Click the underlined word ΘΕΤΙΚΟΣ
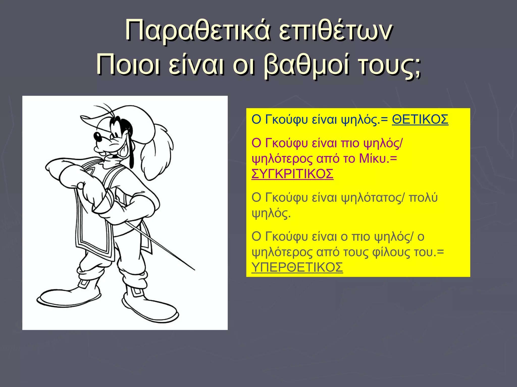click(420, 119)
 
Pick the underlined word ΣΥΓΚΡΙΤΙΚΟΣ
click(292, 174)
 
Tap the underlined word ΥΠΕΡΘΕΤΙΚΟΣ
click(297, 267)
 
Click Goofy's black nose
click(97, 137)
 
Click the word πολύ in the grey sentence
click(423, 198)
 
